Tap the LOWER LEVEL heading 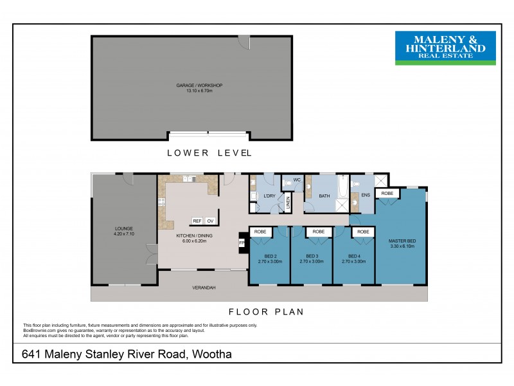click(209, 152)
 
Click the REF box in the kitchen click(197, 221)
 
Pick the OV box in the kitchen click(209, 221)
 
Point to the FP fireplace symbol click(242, 243)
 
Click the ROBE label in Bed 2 click(260, 232)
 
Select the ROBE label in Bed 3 click(317, 232)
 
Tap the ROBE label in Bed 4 click(363, 232)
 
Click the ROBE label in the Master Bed click(387, 193)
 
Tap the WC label click(297, 179)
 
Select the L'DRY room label click(270, 195)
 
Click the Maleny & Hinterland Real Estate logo click(445, 48)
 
